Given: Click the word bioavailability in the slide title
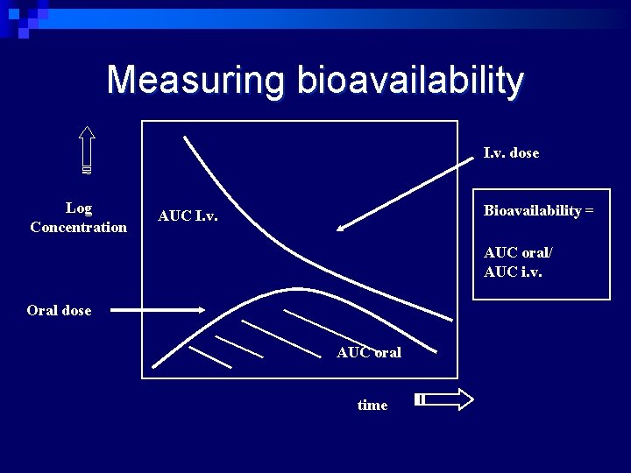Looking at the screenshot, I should tap(411, 81).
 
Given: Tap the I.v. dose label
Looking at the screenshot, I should tap(511, 153).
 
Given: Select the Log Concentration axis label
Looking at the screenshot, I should tap(78, 218).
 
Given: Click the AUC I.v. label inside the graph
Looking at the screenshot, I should tap(188, 215).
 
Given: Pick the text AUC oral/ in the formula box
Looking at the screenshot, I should tap(518, 253).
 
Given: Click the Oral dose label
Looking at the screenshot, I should tap(59, 311).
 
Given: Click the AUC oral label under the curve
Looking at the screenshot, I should tap(369, 353).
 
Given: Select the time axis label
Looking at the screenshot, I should tap(372, 406).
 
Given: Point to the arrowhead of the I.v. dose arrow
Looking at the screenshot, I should tap(342, 228).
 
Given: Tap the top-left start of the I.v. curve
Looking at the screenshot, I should tap(185, 138).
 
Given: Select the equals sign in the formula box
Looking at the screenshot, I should tap(591, 211).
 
